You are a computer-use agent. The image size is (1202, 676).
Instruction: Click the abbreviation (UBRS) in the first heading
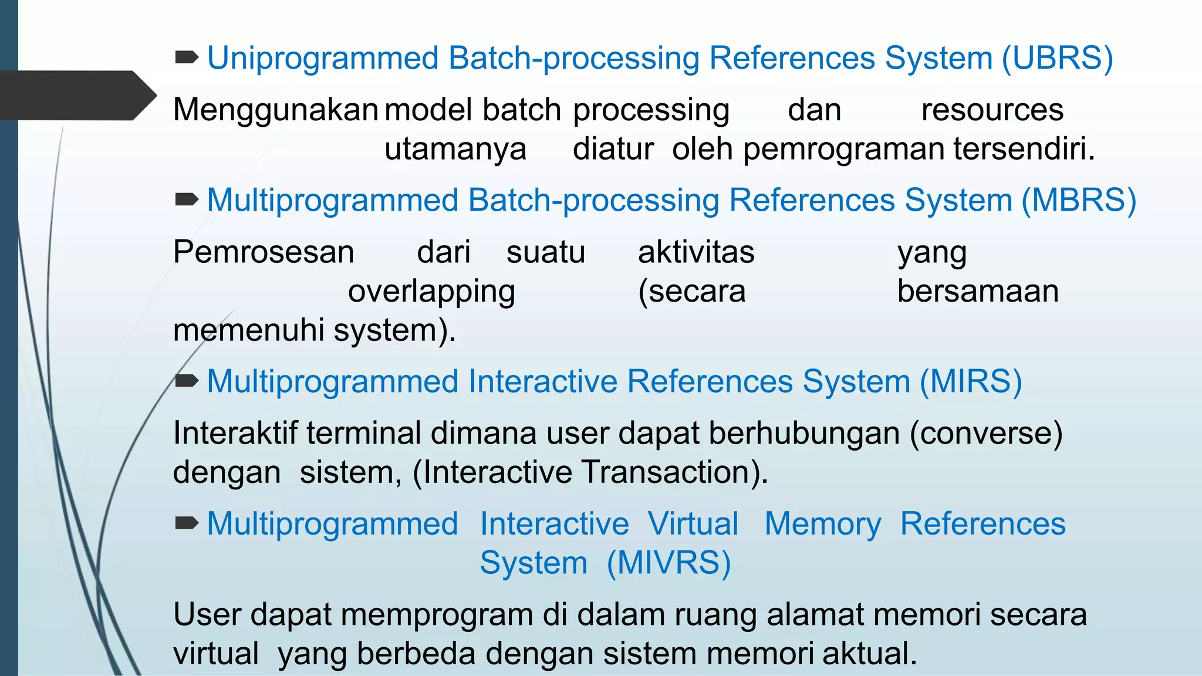pyautogui.click(x=1057, y=58)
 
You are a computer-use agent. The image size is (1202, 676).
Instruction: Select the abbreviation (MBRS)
pyautogui.click(x=1079, y=200)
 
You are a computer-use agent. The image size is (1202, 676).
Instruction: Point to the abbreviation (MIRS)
pyautogui.click(x=971, y=381)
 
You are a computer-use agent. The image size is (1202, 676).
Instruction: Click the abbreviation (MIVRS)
pyautogui.click(x=668, y=563)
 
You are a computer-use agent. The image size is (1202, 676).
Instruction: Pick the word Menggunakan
pyautogui.click(x=275, y=110)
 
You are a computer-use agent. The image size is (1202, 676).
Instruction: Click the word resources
pyautogui.click(x=992, y=110)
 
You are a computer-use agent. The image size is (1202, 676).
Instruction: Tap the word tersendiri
pyautogui.click(x=1024, y=148)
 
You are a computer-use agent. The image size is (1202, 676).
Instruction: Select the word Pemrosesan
pyautogui.click(x=264, y=252)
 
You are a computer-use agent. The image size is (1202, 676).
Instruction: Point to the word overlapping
pyautogui.click(x=431, y=292)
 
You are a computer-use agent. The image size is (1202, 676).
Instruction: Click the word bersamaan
pyautogui.click(x=978, y=291)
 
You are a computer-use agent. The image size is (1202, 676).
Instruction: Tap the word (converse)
pyautogui.click(x=986, y=433)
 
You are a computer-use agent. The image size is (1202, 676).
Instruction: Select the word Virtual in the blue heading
pyautogui.click(x=693, y=523)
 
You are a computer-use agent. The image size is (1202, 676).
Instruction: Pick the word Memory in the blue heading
pyautogui.click(x=823, y=524)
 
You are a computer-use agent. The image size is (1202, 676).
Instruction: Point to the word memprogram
pyautogui.click(x=436, y=614)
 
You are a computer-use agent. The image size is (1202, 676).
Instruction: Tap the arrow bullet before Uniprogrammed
pyautogui.click(x=187, y=58)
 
